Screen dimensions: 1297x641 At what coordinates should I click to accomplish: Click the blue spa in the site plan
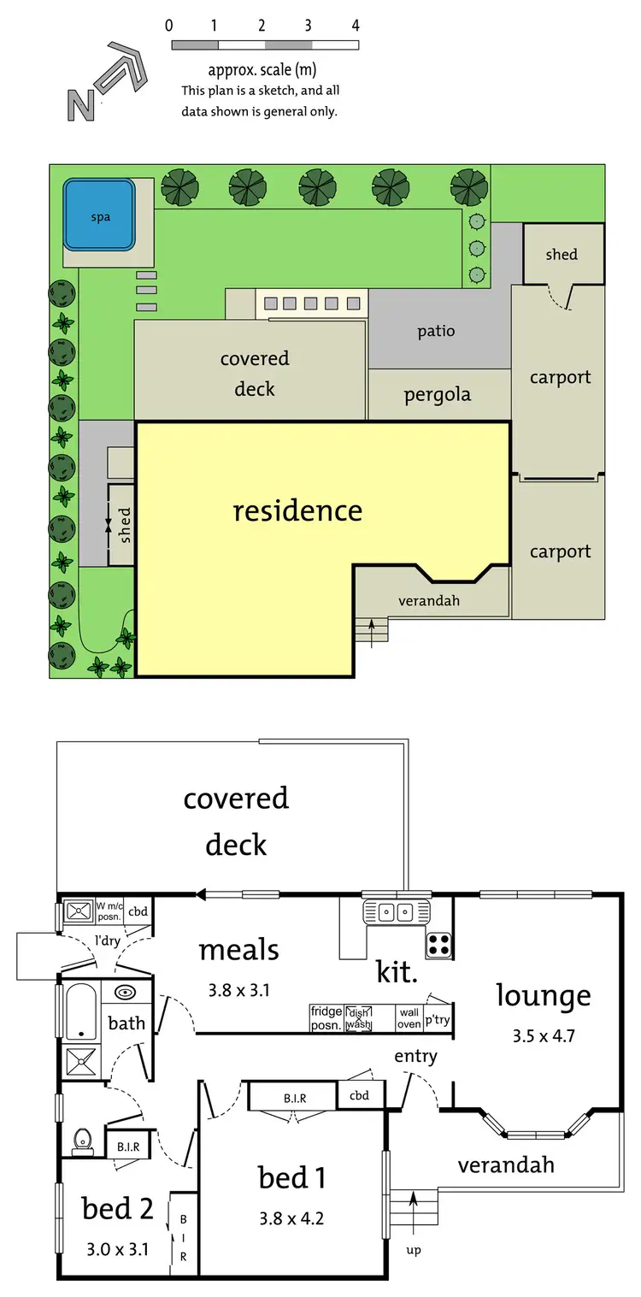[100, 215]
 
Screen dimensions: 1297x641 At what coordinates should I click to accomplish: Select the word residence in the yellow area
[297, 510]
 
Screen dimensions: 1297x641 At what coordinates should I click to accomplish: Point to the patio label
[436, 331]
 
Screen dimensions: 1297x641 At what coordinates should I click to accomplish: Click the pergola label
[437, 395]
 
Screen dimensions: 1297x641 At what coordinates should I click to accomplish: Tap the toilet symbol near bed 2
[83, 1140]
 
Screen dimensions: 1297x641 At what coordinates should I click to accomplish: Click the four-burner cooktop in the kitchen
[438, 944]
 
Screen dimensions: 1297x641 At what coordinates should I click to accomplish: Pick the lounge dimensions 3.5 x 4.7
[544, 1036]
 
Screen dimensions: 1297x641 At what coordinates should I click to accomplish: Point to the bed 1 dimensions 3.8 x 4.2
[291, 1217]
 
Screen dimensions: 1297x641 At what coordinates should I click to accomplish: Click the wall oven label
[409, 1018]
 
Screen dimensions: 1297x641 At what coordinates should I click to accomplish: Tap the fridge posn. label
[326, 1018]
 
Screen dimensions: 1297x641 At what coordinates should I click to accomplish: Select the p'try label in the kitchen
[438, 1020]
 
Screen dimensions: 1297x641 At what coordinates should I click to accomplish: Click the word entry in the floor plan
[415, 1056]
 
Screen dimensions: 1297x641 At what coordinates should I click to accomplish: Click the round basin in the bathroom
[126, 993]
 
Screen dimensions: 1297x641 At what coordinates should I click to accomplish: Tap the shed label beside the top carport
[562, 254]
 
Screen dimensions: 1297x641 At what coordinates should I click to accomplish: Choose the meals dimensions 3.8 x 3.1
[238, 991]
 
